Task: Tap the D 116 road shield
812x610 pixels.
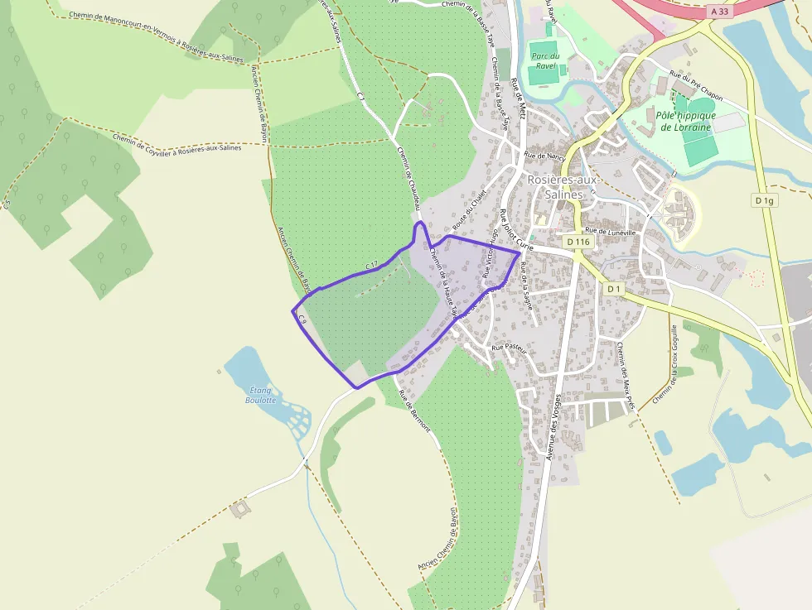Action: (578, 242)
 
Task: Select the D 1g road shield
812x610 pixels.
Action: (764, 200)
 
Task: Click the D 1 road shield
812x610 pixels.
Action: (613, 289)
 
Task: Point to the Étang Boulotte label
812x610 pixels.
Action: (260, 394)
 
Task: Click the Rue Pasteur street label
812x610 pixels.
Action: (509, 348)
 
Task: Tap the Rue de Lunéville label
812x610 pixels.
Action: (610, 233)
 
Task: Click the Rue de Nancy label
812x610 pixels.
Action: (544, 155)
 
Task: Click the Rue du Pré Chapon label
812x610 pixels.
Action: (696, 87)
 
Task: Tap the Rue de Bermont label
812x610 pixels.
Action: (414, 409)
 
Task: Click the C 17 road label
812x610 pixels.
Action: (372, 265)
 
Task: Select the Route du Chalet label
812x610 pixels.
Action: (469, 211)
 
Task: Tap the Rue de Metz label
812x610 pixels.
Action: (520, 100)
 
